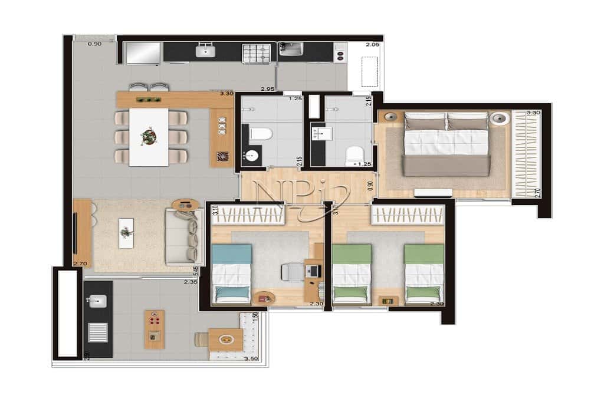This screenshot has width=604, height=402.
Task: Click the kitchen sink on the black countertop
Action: pos(206,52)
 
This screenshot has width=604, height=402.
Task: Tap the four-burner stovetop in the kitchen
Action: pos(256,53)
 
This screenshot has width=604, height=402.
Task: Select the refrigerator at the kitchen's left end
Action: pos(142,53)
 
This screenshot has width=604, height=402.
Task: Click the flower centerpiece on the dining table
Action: pos(149,136)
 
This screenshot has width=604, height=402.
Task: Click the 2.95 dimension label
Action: pos(269,88)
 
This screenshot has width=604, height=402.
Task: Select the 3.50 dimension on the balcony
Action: pos(251,358)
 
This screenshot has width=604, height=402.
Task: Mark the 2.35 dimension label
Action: pos(189,282)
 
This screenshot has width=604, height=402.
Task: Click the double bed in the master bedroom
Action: pos(447,144)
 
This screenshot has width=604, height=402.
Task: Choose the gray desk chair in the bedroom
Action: pos(291,272)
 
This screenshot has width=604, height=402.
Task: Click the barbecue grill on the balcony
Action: pos(97,333)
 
